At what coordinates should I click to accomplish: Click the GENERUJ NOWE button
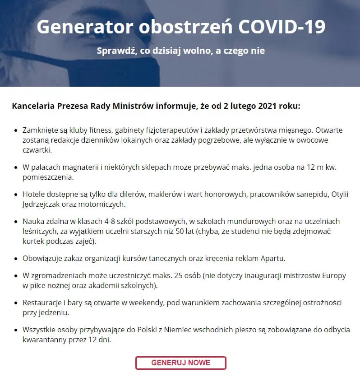tap(180, 363)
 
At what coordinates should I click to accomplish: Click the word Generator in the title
tap(84, 27)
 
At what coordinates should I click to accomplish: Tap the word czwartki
tap(37, 150)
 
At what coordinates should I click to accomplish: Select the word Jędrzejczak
tap(43, 204)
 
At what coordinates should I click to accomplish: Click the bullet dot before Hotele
tap(17, 195)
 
